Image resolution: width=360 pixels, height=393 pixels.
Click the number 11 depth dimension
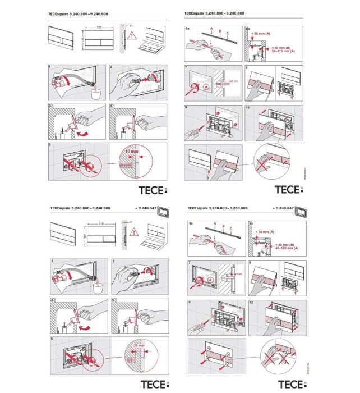(131, 26)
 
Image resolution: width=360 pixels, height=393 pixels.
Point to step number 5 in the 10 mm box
(51, 145)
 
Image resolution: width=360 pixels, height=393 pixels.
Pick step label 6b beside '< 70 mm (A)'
(248, 225)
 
